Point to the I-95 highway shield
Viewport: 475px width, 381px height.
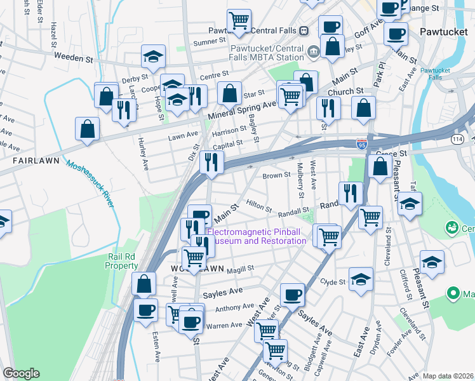(361, 144)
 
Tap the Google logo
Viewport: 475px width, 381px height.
(21, 373)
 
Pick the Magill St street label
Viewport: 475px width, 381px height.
(241, 269)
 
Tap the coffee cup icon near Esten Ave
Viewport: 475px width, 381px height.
(146, 310)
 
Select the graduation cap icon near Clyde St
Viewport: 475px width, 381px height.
(361, 280)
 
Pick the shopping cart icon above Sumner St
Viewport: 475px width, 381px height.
(239, 20)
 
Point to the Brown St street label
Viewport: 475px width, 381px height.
(276, 175)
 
